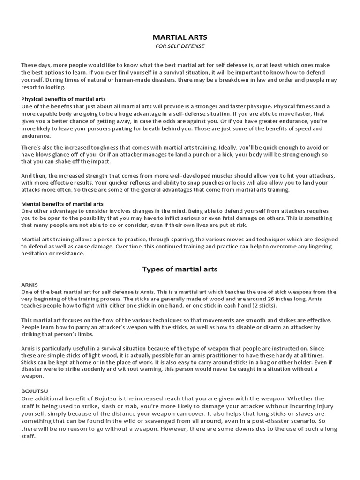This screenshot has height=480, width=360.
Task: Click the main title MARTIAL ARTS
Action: point(180,37)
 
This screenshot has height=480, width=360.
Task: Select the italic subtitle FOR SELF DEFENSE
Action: point(180,46)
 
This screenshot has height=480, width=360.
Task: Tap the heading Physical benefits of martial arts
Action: point(63,99)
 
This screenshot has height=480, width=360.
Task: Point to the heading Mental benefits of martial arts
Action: point(62,204)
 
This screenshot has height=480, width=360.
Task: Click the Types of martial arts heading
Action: point(180,270)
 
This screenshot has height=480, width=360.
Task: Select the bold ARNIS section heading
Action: point(29,285)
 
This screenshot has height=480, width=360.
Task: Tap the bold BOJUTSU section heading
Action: point(35,390)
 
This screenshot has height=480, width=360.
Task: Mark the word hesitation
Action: point(36,253)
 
